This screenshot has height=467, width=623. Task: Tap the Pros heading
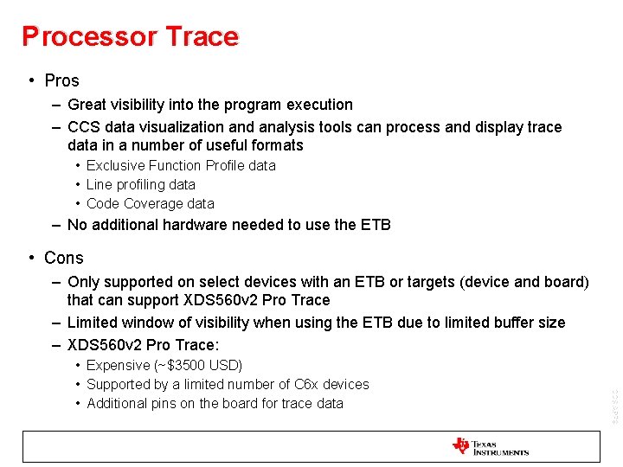(x=61, y=80)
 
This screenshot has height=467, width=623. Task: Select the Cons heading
(x=63, y=258)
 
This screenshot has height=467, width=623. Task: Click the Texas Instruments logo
(x=490, y=447)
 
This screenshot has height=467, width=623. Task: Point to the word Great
(x=88, y=105)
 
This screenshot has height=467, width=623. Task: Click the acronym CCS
(x=85, y=127)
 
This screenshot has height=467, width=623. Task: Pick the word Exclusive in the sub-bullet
(x=115, y=165)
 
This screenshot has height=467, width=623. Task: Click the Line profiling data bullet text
(x=140, y=184)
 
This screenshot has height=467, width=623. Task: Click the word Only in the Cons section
(x=84, y=282)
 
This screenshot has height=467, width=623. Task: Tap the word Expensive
(x=118, y=365)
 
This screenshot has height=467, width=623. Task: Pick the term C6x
(x=300, y=384)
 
